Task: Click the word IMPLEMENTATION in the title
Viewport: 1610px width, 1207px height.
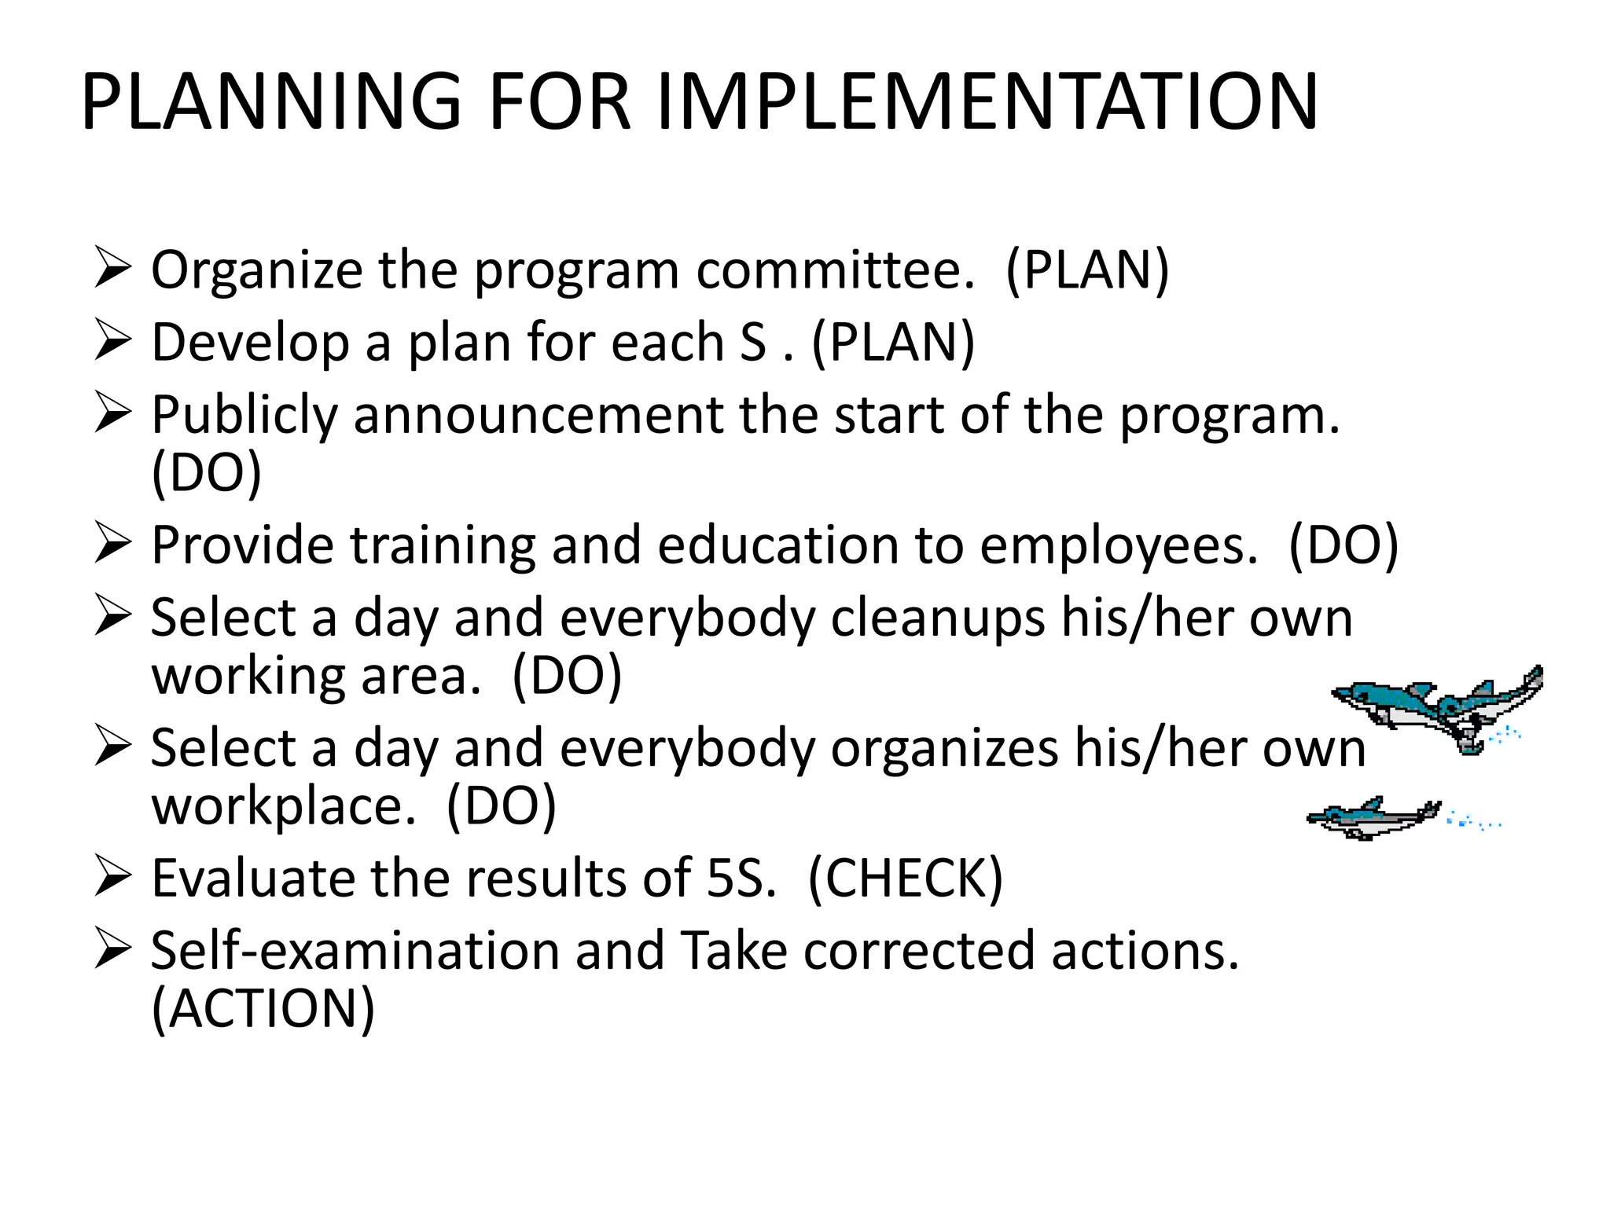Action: (x=987, y=102)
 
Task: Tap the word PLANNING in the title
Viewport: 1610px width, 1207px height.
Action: (x=271, y=102)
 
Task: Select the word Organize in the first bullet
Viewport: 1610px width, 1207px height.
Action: (x=256, y=271)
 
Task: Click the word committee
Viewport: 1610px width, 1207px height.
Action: (x=836, y=271)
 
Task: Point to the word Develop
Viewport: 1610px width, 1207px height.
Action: (x=250, y=343)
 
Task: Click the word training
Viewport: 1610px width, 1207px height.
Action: (x=442, y=545)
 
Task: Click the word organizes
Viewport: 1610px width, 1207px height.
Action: (x=944, y=748)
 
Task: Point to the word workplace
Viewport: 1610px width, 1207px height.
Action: (x=284, y=806)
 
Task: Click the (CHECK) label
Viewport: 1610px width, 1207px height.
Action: (x=906, y=879)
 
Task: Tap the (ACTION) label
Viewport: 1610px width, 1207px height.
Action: (x=263, y=1009)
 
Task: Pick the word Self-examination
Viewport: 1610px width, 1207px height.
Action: (x=355, y=951)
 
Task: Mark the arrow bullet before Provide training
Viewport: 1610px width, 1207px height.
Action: (x=112, y=545)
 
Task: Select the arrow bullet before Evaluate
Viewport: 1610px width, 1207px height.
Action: (x=112, y=877)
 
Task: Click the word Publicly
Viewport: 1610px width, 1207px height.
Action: (x=244, y=416)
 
